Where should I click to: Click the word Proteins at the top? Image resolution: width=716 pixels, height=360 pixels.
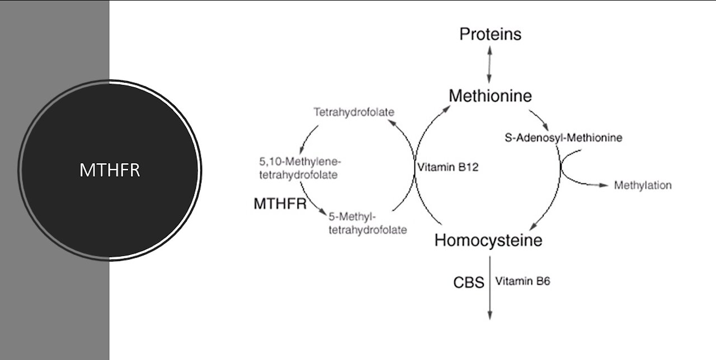(x=490, y=35)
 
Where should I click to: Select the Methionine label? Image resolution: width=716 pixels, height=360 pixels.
(x=490, y=96)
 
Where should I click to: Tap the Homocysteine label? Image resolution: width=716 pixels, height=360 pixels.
(x=488, y=240)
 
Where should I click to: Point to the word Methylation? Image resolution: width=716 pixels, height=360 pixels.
(x=643, y=185)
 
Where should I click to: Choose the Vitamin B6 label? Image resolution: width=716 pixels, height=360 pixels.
(x=522, y=282)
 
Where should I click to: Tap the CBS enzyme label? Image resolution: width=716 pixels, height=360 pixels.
(x=468, y=282)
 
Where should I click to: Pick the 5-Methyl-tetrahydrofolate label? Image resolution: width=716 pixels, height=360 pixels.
(x=368, y=223)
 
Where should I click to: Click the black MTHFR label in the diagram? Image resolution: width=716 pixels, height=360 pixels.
(x=280, y=203)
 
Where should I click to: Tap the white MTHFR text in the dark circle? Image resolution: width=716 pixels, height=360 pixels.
(x=109, y=170)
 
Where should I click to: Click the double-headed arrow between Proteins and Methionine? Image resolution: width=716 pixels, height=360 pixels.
(x=489, y=65)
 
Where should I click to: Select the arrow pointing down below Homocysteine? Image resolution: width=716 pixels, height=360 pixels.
(x=489, y=288)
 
